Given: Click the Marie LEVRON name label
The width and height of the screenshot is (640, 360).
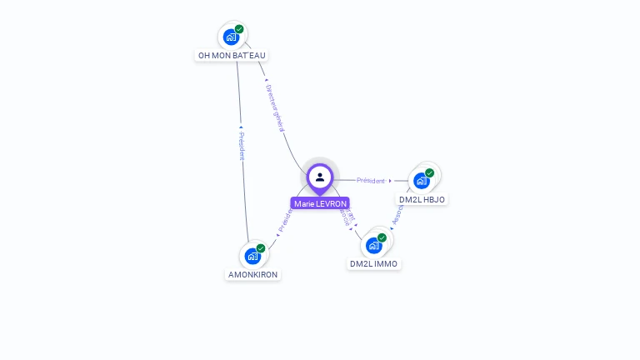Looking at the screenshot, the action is [x=320, y=203].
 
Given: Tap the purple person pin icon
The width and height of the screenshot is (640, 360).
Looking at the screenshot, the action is [x=320, y=177].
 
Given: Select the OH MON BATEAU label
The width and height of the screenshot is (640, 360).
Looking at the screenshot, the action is [x=232, y=56].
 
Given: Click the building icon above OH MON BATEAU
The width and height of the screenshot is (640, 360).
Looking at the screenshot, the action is [x=231, y=37].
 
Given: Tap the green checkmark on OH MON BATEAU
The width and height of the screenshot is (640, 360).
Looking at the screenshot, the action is [x=239, y=29].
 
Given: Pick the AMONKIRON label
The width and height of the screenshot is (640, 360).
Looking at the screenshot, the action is [x=253, y=274].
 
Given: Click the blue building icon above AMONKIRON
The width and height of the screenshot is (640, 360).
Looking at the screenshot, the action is [x=252, y=256].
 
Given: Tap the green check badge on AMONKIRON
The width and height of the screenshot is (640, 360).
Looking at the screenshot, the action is [x=261, y=248].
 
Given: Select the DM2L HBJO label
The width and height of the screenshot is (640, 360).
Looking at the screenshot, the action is [x=422, y=199].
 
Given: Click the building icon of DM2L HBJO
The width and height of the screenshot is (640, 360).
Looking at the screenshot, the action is [x=422, y=180].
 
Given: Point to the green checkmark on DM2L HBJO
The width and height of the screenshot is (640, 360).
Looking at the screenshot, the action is [x=430, y=172].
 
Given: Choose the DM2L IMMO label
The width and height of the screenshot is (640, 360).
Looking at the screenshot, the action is [x=373, y=263].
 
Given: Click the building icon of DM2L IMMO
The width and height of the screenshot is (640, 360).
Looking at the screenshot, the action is [x=373, y=245].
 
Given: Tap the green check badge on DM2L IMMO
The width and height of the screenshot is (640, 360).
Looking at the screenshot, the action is [x=382, y=237].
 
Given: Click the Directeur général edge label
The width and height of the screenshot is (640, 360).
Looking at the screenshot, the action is [x=276, y=107].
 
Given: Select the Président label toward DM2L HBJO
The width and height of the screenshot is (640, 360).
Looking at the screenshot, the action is [x=371, y=180].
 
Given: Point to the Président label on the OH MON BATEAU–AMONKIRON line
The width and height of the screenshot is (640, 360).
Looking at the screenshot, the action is [x=242, y=146].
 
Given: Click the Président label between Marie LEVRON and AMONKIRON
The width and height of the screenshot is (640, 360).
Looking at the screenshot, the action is [x=284, y=221].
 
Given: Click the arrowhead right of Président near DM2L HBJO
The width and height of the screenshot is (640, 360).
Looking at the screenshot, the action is [x=390, y=180].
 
